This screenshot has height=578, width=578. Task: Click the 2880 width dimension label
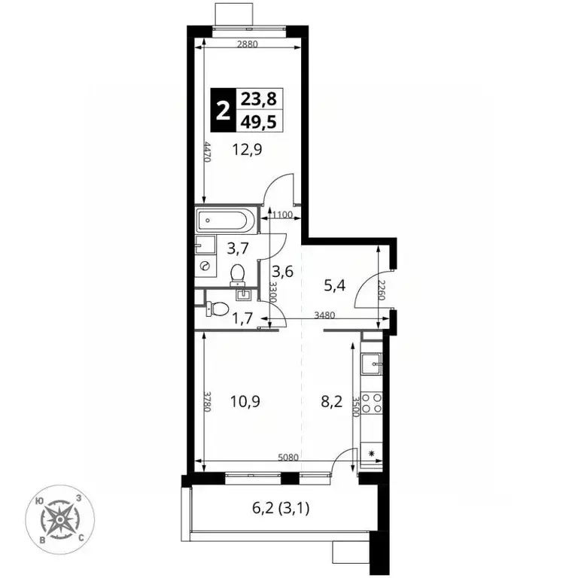(x=248, y=44)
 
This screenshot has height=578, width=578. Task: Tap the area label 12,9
(x=247, y=150)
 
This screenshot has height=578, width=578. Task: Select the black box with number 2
(x=223, y=110)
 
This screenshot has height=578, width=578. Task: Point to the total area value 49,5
(x=259, y=121)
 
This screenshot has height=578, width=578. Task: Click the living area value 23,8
(x=259, y=99)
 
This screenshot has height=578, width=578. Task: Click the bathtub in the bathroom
(x=225, y=220)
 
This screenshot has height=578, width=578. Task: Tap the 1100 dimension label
(x=282, y=214)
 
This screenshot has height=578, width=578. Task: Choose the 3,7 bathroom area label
(x=238, y=249)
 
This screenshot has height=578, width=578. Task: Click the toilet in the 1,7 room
(x=217, y=308)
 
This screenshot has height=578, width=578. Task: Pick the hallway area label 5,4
(x=335, y=285)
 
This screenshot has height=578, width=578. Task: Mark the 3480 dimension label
(x=325, y=315)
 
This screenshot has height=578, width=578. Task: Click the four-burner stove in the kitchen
(x=372, y=403)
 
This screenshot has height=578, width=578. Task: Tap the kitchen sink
(x=372, y=364)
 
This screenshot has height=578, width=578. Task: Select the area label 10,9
(x=245, y=401)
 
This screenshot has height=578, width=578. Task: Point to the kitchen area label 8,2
(x=332, y=401)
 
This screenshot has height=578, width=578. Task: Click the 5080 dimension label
(x=288, y=458)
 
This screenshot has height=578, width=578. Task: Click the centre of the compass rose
(x=59, y=519)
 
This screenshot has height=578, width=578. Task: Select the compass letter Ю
(x=38, y=501)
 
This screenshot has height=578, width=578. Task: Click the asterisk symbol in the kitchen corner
(x=372, y=453)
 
